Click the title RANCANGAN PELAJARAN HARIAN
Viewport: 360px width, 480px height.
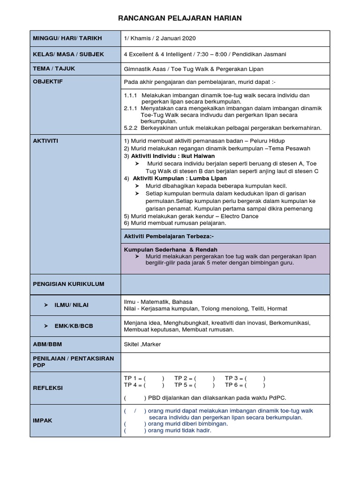tap(180, 18)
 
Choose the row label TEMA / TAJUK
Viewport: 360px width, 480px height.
tap(53, 68)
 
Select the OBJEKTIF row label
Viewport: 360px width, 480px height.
tap(47, 82)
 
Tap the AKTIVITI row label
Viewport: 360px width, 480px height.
tap(45, 141)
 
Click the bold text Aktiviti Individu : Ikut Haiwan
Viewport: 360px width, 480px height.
tap(173, 156)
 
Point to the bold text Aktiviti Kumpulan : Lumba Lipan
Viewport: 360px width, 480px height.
tap(180, 179)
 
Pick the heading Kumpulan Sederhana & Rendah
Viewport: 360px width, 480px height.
tap(170, 250)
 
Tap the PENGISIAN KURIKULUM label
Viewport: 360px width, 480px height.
tap(68, 284)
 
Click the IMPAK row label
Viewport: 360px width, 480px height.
tap(43, 420)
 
